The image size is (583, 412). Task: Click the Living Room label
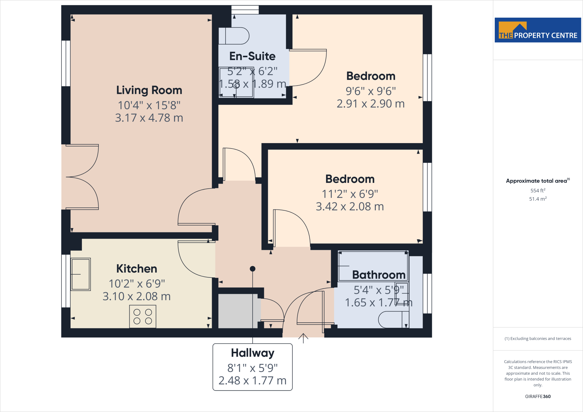click(x=149, y=90)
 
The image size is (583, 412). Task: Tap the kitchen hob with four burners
click(x=143, y=316)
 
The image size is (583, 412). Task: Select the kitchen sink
click(x=81, y=274)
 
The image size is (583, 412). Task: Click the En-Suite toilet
click(x=234, y=36)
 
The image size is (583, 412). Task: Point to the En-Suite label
click(x=252, y=56)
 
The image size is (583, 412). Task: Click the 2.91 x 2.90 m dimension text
click(x=370, y=104)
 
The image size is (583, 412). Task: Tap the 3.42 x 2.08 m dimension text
click(x=350, y=206)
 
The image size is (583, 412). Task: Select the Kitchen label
click(x=137, y=269)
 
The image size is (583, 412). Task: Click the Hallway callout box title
click(x=253, y=353)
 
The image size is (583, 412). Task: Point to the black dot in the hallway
click(x=253, y=269)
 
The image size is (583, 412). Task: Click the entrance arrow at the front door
click(x=303, y=338)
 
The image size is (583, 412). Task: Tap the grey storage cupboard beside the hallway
click(x=238, y=311)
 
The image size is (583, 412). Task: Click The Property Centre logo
click(x=537, y=30)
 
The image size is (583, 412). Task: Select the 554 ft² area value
click(x=538, y=190)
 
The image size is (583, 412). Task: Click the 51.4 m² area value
click(x=538, y=199)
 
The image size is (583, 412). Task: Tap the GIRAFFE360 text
click(x=538, y=396)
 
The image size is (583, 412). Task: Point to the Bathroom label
click(x=379, y=275)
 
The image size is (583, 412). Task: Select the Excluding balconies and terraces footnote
click(x=538, y=339)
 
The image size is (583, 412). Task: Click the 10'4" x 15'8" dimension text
click(x=149, y=105)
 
